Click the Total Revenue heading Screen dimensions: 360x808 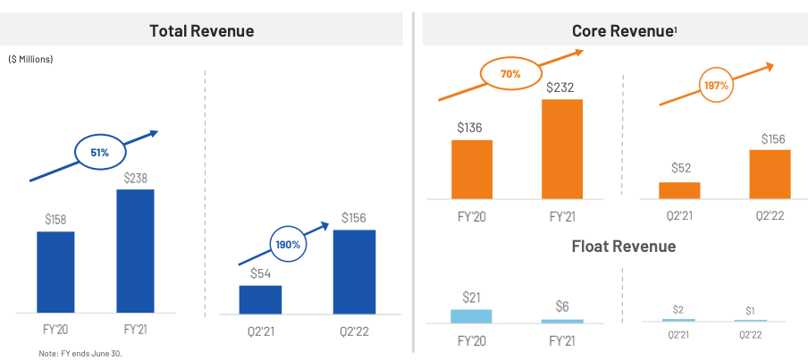(x=201, y=30)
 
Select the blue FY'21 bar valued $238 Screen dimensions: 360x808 (x=135, y=250)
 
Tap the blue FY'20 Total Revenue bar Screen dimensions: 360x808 (x=55, y=272)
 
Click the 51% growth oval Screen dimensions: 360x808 (x=99, y=153)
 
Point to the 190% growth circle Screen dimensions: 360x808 (x=288, y=243)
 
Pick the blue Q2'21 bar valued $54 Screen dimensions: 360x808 (x=260, y=299)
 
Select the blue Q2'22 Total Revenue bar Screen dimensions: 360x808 (x=354, y=272)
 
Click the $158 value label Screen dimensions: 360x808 (x=55, y=219)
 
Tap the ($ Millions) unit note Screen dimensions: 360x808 (x=31, y=60)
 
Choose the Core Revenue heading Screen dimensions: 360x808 (x=623, y=30)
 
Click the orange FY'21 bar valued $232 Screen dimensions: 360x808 (x=562, y=148)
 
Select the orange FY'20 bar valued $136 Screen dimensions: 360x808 (x=471, y=169)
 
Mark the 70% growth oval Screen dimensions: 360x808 (x=510, y=74)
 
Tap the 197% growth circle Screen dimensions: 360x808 (x=717, y=86)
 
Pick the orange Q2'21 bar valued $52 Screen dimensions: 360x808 (x=679, y=189)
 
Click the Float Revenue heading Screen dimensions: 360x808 (x=623, y=246)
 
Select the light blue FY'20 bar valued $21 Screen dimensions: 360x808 (x=471, y=315)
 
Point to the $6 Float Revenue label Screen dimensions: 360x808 (x=562, y=306)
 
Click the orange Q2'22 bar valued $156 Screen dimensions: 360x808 (x=770, y=173)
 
